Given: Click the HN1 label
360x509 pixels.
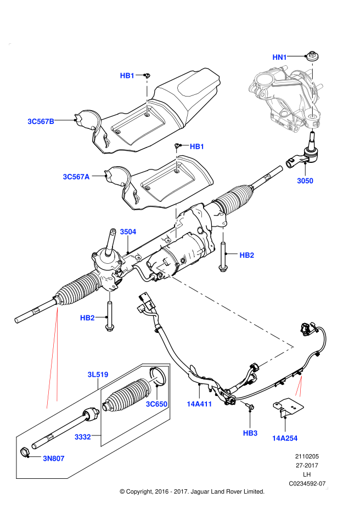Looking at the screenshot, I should point(280,58).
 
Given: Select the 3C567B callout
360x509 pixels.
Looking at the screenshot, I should point(41,122).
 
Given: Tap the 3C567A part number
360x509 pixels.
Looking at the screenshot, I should point(76,177).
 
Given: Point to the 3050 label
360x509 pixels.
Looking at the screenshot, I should point(305,181).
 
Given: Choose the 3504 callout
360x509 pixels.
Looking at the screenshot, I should point(128,232).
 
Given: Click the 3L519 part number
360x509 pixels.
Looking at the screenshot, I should point(98,375).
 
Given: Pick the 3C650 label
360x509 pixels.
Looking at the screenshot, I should point(156,404).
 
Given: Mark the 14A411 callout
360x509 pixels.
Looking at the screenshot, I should point(199,404).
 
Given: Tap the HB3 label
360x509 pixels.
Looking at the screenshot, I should point(250,433).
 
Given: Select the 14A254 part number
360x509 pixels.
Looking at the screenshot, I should point(285,438).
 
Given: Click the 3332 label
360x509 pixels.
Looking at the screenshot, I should point(83,437).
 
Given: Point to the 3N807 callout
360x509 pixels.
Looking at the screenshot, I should point(54,459).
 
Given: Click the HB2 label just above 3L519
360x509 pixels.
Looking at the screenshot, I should point(87,318).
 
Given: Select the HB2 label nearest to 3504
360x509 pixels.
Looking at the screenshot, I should point(247,256).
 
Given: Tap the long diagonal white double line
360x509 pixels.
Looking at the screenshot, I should point(225,308).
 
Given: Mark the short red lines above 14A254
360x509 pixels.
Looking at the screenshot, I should point(299,385).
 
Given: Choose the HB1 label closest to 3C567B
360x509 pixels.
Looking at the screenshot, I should point(127,76).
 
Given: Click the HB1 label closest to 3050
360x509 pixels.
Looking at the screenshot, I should point(197,146).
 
